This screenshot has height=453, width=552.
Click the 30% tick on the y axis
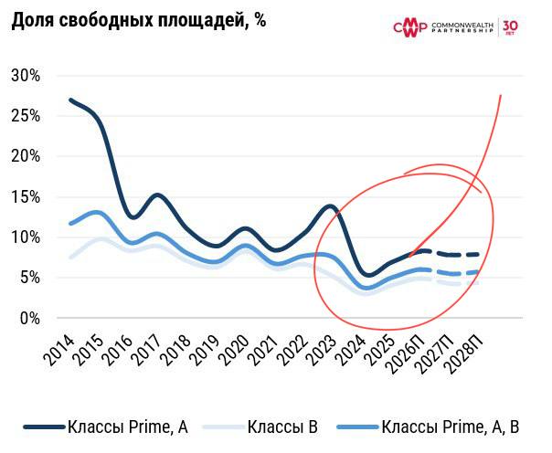[26, 76]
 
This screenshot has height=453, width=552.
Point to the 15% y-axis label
[26, 196]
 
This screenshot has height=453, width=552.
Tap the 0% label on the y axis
[30, 318]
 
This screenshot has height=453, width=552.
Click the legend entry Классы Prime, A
[128, 427]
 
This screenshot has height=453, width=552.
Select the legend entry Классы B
[284, 427]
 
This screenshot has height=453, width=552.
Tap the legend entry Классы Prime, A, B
[451, 427]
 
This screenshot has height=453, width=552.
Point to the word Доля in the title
[33, 21]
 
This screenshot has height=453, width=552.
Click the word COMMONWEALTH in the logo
[462, 23]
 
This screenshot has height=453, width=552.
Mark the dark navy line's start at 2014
[70, 100]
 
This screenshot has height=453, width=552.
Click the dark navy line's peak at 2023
[331, 206]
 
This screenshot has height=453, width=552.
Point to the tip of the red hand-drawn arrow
[501, 95]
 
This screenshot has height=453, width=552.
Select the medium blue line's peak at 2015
[98, 213]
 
